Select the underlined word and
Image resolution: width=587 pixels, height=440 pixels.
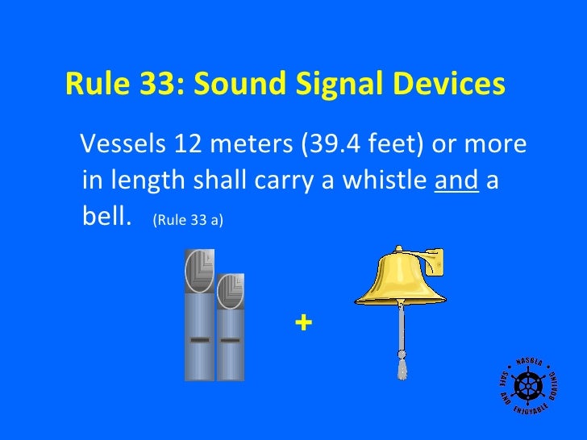[456, 181]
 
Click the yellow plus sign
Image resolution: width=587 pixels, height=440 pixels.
[303, 323]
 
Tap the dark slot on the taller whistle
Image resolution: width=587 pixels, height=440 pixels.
[199, 340]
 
